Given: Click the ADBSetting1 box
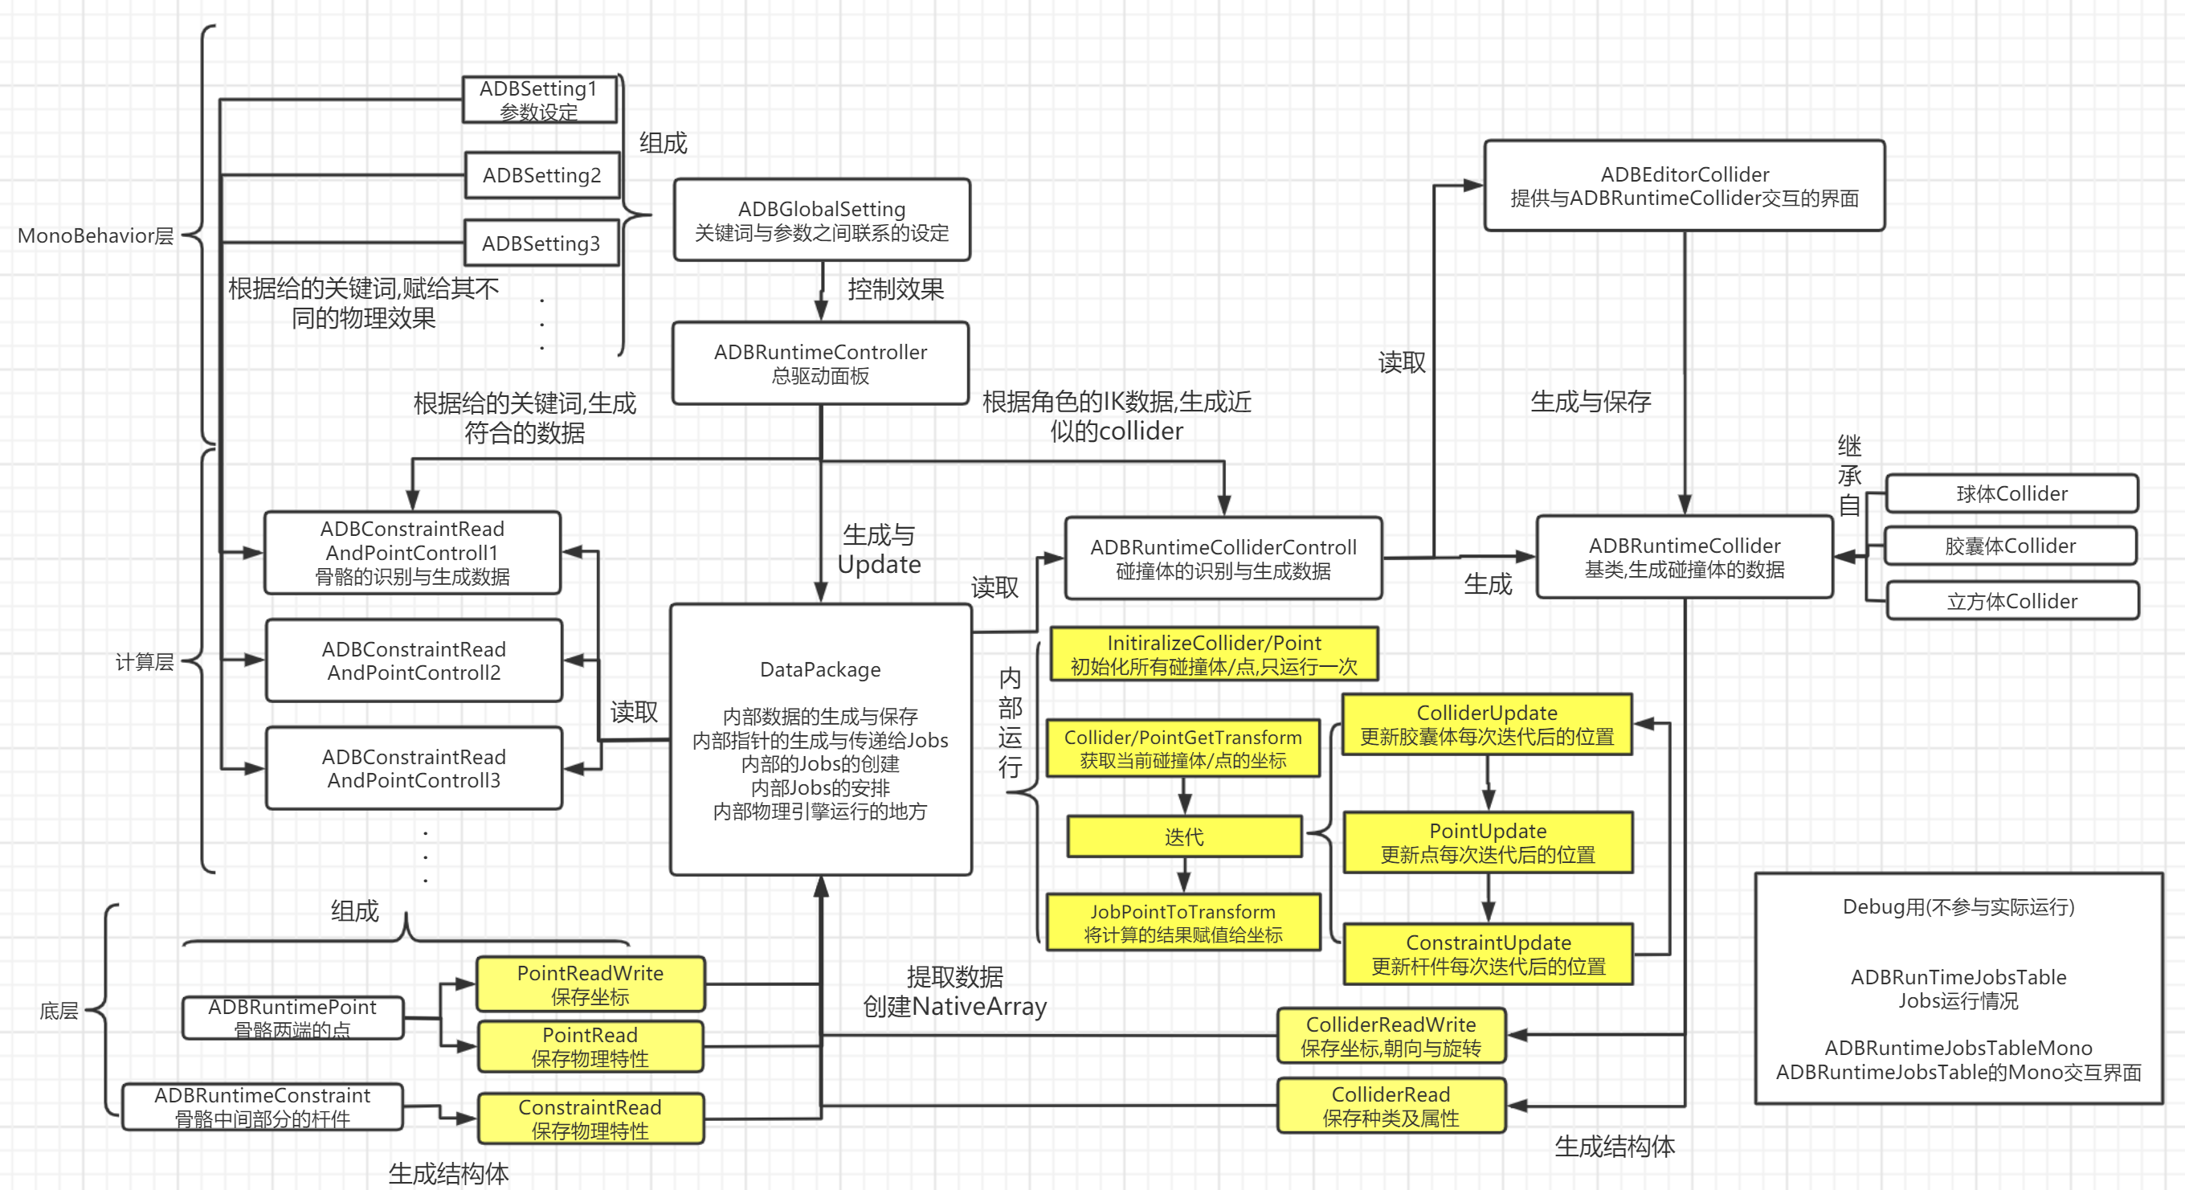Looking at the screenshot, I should click(540, 100).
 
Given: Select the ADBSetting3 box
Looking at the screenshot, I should click(541, 243).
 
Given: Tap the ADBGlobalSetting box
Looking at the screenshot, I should click(821, 219).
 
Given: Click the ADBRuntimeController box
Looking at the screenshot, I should click(820, 363).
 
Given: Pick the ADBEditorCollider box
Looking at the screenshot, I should click(1684, 186).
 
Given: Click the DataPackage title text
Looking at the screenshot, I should click(820, 669).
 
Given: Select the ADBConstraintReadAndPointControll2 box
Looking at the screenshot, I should click(414, 660).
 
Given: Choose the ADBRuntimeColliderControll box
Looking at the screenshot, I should click(1223, 558).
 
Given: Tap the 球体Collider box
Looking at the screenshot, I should click(2011, 493).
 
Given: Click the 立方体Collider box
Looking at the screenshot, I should click(2012, 601).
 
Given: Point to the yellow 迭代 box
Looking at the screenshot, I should click(1184, 837).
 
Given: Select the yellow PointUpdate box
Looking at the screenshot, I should click(1488, 842).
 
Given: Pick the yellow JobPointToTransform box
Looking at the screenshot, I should click(1182, 922).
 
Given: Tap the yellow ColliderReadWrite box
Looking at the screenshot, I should click(1391, 1036).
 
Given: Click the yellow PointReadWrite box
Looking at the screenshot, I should click(590, 983).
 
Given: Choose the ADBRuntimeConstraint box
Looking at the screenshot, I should click(262, 1107).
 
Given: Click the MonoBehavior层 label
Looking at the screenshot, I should click(95, 235).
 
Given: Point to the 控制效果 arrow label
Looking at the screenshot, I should click(896, 289).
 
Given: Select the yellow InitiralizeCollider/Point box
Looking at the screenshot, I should click(1214, 654).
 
